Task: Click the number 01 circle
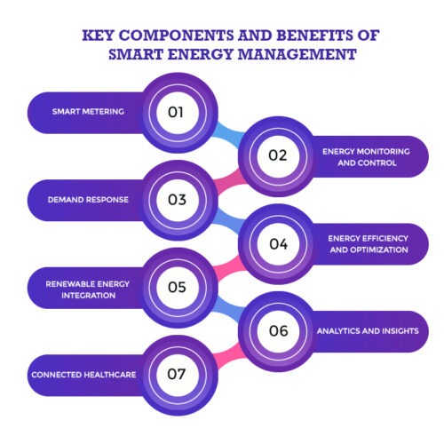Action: [x=177, y=113]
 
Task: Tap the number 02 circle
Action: [x=278, y=156]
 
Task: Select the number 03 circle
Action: [x=177, y=200]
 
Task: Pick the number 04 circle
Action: [x=278, y=244]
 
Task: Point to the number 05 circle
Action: [x=177, y=288]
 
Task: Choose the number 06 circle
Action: [x=278, y=331]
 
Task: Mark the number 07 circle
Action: [x=177, y=375]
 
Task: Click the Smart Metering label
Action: [x=88, y=112]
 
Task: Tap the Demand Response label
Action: [x=88, y=200]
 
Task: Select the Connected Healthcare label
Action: [x=83, y=375]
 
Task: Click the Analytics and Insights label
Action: [x=368, y=331]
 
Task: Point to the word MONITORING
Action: [x=383, y=152]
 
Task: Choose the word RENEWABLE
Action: [x=70, y=284]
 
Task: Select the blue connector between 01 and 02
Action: [x=229, y=134]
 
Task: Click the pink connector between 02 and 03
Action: [x=229, y=178]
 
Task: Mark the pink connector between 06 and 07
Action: [x=229, y=353]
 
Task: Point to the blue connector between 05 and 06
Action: [x=229, y=309]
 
